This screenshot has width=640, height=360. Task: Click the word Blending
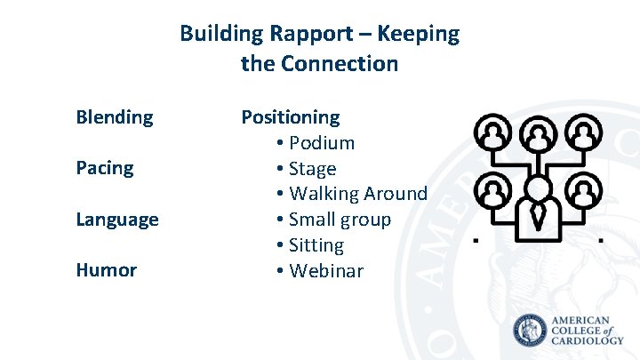pyautogui.click(x=114, y=117)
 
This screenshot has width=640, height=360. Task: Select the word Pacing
pyautogui.click(x=104, y=168)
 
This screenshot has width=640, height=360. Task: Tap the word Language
pyautogui.click(x=117, y=219)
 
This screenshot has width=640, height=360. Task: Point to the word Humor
pyautogui.click(x=106, y=270)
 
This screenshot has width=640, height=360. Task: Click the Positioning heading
pyautogui.click(x=291, y=117)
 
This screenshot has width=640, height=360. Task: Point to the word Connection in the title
pyautogui.click(x=339, y=64)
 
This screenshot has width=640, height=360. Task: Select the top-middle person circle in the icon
pyautogui.click(x=538, y=134)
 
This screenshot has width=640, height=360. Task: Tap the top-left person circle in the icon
pyautogui.click(x=492, y=134)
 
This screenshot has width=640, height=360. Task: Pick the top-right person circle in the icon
pyautogui.click(x=583, y=134)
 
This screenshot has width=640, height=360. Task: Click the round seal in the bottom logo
pyautogui.click(x=531, y=332)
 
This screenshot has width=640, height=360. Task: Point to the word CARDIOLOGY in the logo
pyautogui.click(x=588, y=340)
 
